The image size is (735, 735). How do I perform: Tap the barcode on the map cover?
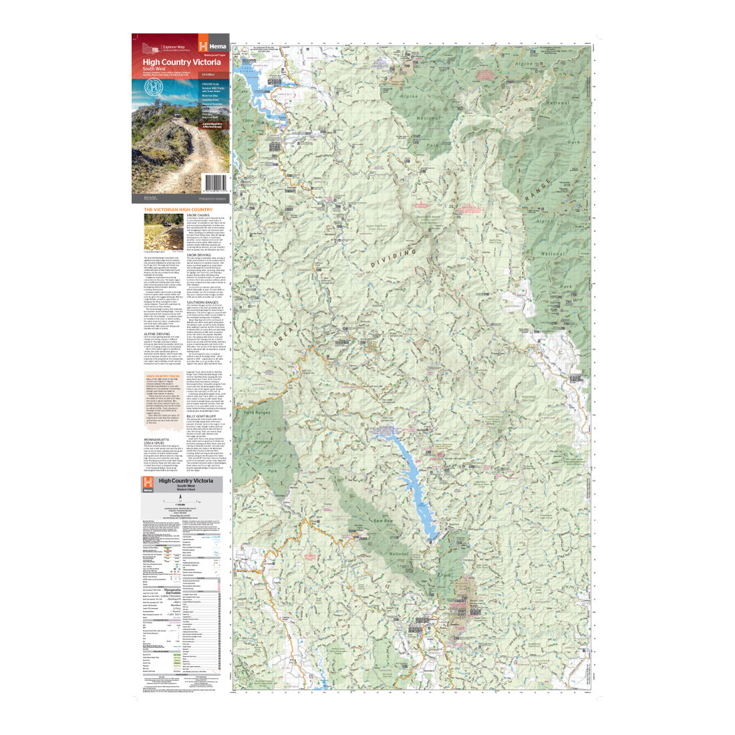(x=216, y=182)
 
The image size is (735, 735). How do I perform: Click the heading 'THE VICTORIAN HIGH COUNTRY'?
(x=178, y=209)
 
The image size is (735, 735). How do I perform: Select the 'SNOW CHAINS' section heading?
(x=198, y=215)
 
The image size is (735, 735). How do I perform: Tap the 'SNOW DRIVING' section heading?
(x=199, y=255)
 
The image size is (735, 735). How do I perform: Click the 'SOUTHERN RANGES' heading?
(x=203, y=302)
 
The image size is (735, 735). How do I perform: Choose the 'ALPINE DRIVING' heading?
(x=159, y=333)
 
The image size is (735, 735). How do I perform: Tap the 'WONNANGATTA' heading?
(x=161, y=438)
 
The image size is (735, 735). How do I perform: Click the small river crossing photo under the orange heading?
(x=163, y=231)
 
